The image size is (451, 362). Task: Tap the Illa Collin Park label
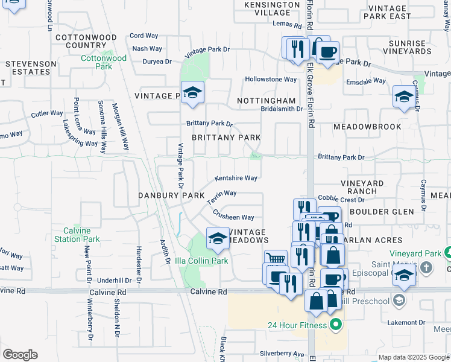point(201,261)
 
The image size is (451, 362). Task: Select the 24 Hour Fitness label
point(297,326)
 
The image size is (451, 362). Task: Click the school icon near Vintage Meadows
point(218,238)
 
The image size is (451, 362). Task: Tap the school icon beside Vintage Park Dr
point(192,92)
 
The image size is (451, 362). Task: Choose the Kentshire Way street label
point(236,179)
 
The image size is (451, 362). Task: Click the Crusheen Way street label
point(233,216)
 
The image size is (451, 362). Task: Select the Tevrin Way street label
point(222,197)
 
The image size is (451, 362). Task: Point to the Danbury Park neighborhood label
point(172,195)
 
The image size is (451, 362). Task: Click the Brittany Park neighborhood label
point(226,138)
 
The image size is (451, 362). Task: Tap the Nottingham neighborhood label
point(266,101)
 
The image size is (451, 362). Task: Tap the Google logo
point(20,355)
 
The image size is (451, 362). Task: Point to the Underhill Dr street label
point(119,281)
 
